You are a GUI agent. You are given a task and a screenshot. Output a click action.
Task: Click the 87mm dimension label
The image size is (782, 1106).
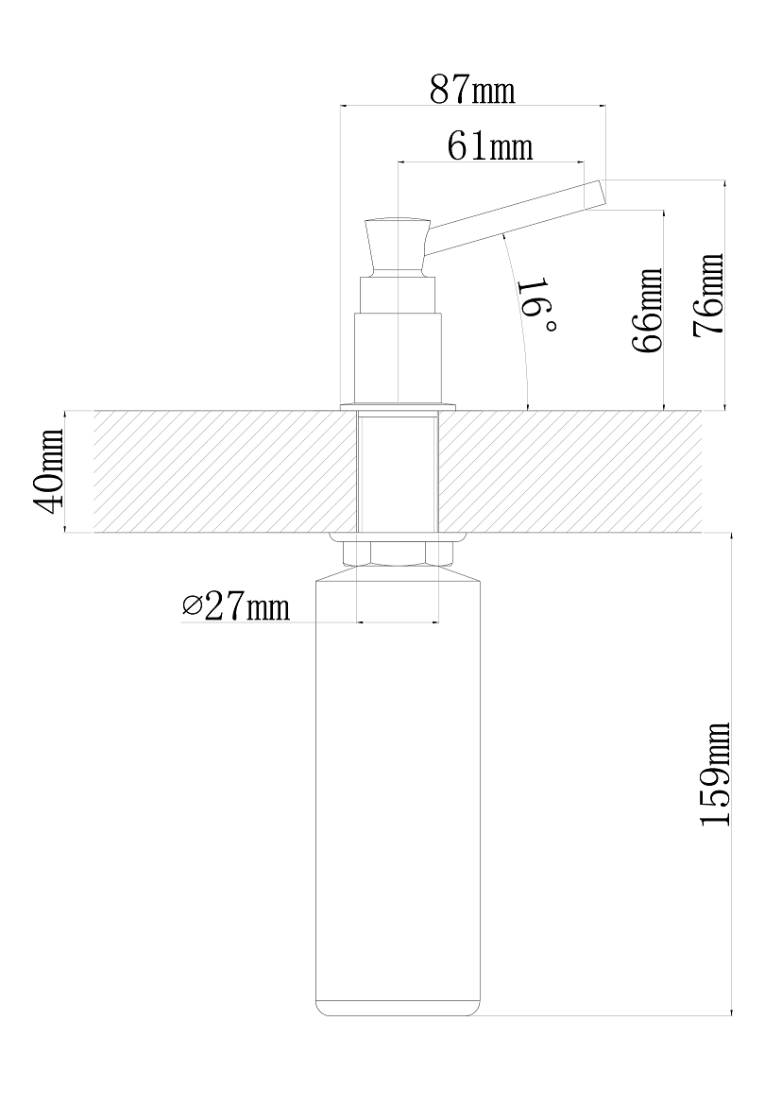pyautogui.click(x=472, y=90)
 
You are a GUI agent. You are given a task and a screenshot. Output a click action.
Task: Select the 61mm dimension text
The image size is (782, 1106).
pyautogui.click(x=490, y=146)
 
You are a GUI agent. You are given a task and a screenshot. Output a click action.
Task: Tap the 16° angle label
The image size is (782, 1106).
pyautogui.click(x=538, y=307)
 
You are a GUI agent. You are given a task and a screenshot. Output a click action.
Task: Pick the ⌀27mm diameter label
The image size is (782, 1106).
pyautogui.click(x=235, y=606)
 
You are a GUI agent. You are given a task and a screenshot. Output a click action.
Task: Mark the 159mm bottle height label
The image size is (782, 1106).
pyautogui.click(x=714, y=774)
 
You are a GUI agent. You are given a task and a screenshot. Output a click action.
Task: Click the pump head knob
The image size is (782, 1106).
pyautogui.click(x=397, y=246)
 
